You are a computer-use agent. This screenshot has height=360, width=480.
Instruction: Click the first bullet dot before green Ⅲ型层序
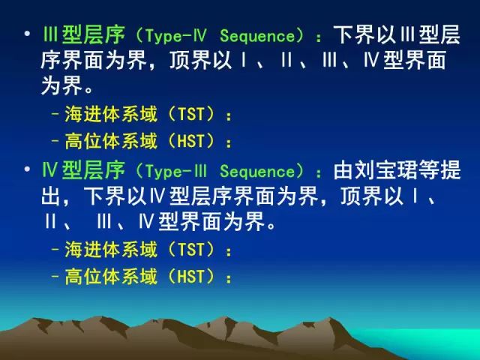coord(27,33)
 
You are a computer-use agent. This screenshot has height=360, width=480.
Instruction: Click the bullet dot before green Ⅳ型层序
coord(27,169)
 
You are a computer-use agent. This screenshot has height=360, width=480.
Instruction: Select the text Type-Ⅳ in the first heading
coord(175,36)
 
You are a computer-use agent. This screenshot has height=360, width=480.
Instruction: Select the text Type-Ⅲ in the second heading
coord(175,172)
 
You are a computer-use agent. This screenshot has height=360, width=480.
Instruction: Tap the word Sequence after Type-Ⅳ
coord(257,36)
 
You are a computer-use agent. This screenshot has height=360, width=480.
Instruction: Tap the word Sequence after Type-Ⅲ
coord(257,172)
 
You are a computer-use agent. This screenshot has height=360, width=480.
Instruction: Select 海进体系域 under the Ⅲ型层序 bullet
coord(111,114)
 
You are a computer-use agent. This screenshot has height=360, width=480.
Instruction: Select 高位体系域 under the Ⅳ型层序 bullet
coord(111,276)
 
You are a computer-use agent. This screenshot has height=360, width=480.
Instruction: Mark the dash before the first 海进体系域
coord(55,114)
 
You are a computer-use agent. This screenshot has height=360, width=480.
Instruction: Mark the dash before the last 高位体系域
coord(55,277)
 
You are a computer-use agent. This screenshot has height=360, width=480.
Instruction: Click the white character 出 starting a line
coord(51,196)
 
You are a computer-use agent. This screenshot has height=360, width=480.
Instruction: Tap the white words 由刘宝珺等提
coord(397,170)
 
